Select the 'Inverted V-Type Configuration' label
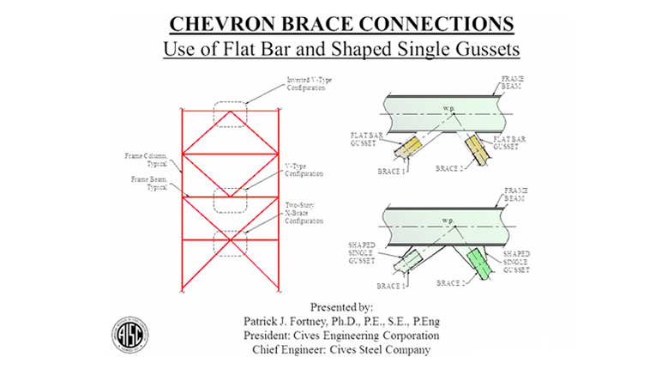point(309,84)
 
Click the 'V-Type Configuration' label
point(304,168)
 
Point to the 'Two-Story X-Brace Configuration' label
point(304,212)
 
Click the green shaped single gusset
point(481,260)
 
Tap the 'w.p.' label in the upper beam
point(448,107)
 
